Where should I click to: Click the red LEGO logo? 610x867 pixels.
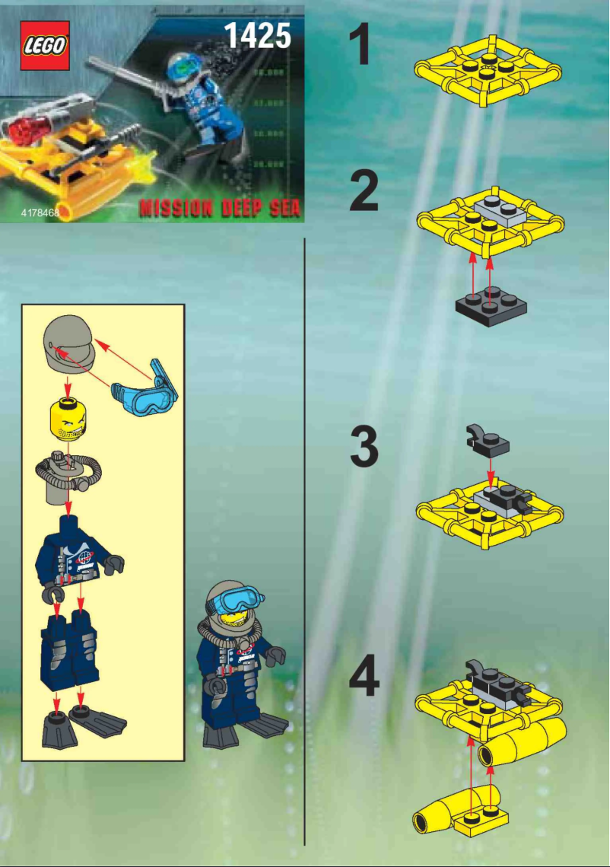point(45,46)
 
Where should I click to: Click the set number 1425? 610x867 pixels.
point(257,35)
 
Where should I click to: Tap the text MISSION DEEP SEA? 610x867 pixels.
point(220,208)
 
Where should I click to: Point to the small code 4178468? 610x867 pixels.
point(40,212)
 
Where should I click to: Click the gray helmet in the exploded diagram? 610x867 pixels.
point(69,343)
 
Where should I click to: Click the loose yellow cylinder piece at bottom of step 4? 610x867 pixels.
point(456,815)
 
